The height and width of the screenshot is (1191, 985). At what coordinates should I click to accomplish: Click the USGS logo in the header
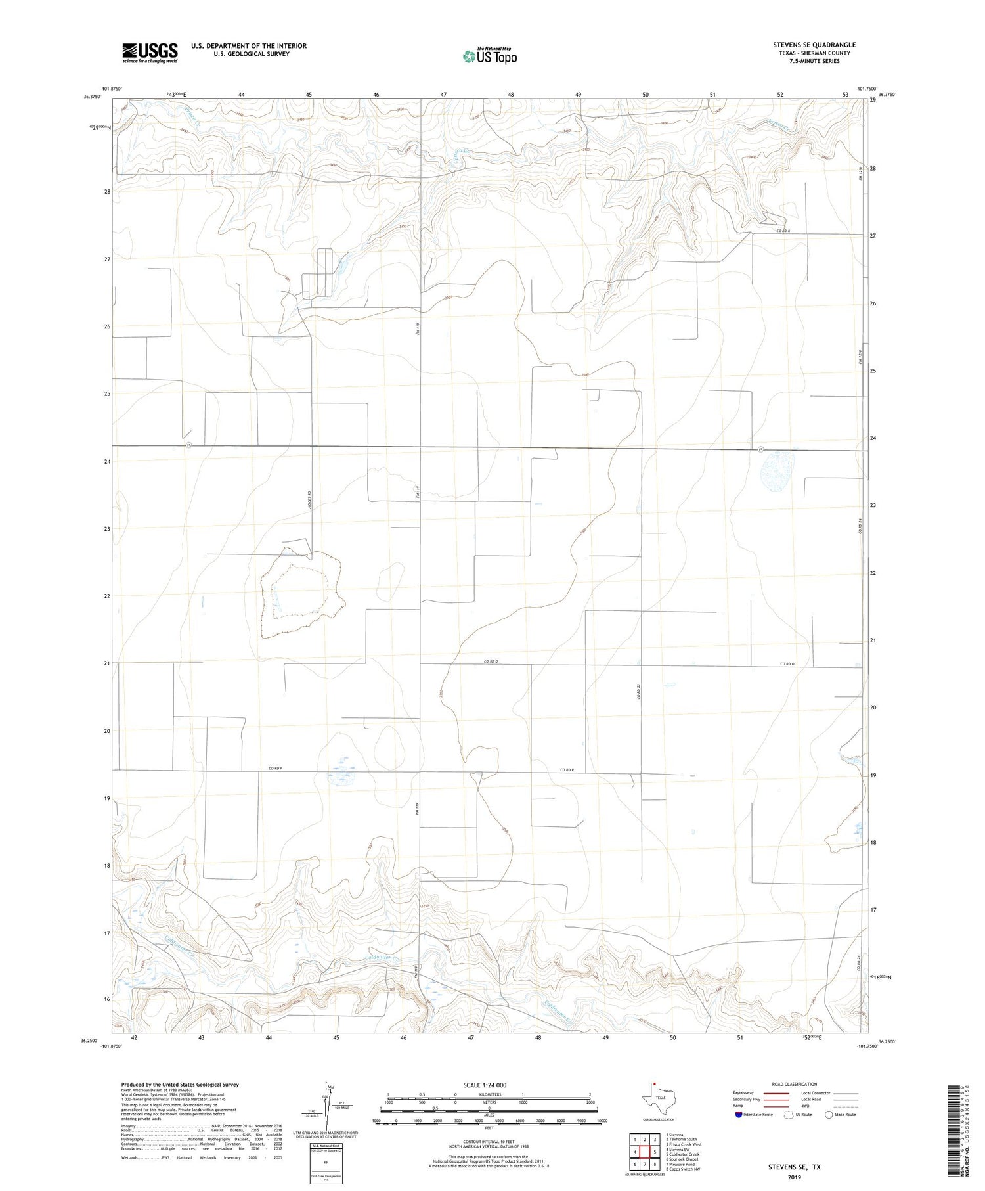150,53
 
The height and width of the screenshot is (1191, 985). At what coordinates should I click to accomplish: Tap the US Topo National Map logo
489,56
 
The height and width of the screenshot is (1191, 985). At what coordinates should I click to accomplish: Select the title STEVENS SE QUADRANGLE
814,45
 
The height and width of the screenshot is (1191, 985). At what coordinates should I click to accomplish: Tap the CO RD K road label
783,231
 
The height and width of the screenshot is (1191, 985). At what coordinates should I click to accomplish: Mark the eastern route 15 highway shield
760,449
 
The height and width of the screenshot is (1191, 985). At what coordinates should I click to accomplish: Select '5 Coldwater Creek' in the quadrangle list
683,1154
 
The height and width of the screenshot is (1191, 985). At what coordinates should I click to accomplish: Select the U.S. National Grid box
326,1164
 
